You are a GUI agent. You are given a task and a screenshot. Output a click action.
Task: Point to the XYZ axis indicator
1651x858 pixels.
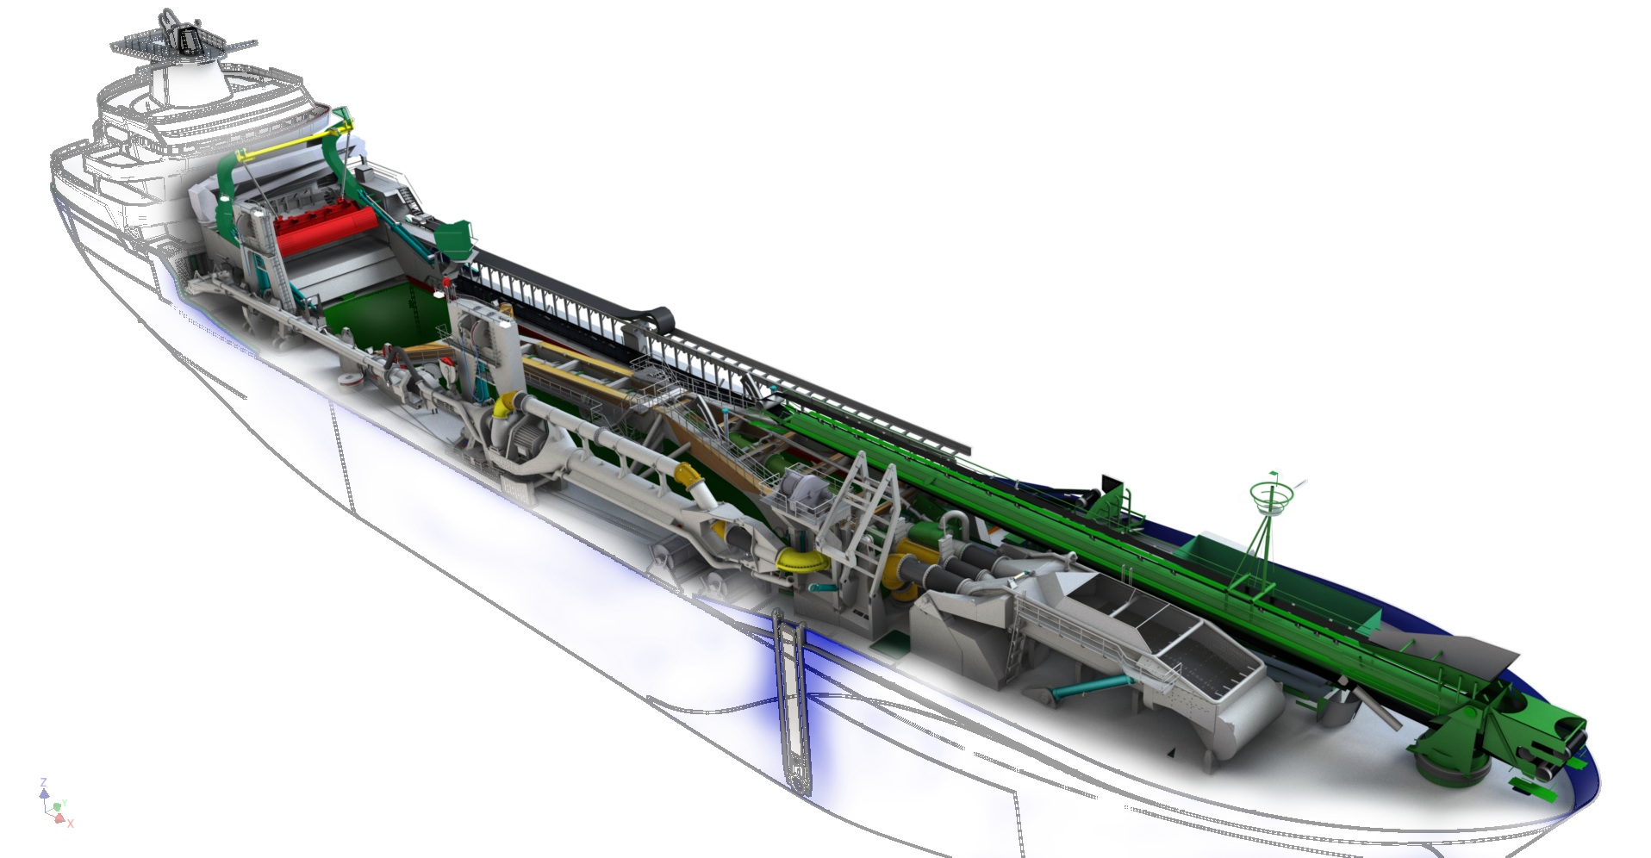[55, 804]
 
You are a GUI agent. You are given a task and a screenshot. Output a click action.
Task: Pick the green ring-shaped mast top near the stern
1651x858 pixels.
[1270, 496]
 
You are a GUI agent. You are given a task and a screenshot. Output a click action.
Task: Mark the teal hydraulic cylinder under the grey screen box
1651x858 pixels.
[1090, 686]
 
